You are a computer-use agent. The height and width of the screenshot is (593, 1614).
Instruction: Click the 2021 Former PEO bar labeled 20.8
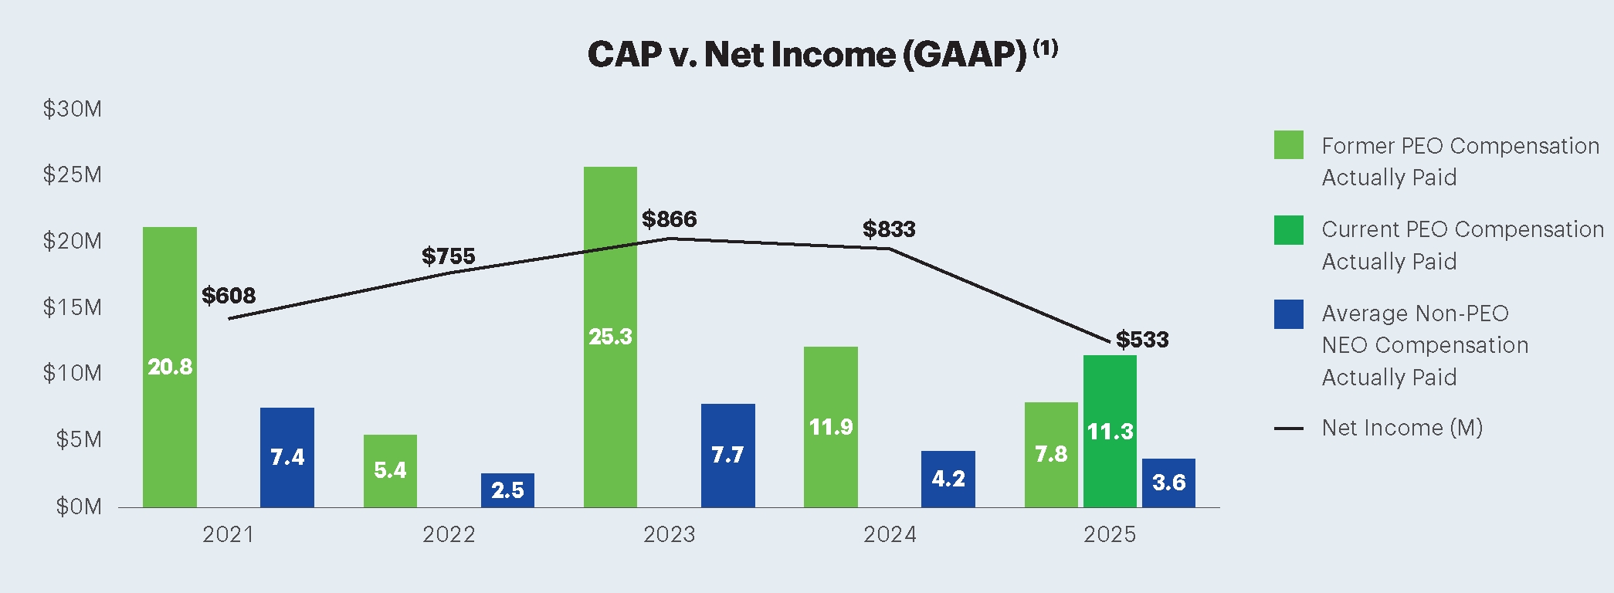click(170, 367)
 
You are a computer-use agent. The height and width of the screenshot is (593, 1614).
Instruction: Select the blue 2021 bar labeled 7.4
click(287, 457)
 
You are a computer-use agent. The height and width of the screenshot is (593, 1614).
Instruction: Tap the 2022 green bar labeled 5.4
click(390, 470)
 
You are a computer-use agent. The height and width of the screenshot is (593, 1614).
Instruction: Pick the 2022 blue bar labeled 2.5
click(507, 490)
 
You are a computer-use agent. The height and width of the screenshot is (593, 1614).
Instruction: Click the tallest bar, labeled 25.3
click(610, 337)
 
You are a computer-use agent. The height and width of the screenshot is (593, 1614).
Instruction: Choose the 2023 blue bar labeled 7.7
click(727, 455)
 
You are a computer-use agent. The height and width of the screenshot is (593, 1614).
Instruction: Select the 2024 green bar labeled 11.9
click(831, 426)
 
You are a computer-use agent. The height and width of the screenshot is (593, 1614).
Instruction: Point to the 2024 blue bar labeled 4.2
click(948, 479)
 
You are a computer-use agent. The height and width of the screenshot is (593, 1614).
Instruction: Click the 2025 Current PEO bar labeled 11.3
click(1110, 431)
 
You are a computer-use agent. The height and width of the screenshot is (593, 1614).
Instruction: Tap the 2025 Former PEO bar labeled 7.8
click(1051, 454)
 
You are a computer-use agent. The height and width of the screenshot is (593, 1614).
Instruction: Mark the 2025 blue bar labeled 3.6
click(1168, 483)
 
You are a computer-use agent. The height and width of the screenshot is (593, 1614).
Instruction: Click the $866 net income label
click(670, 219)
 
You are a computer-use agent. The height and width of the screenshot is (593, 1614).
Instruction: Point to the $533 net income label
click(1142, 339)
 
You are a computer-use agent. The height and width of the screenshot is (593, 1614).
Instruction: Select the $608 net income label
click(229, 295)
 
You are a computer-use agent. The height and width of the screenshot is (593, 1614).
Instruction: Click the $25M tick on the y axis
click(72, 175)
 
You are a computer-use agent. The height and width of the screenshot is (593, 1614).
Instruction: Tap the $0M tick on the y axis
click(78, 507)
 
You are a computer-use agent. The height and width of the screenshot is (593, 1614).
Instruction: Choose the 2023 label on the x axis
click(669, 534)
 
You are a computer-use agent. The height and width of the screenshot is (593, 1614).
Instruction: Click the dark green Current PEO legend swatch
click(1288, 230)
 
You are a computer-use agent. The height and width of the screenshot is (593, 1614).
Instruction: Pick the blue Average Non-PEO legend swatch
click(1288, 314)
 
